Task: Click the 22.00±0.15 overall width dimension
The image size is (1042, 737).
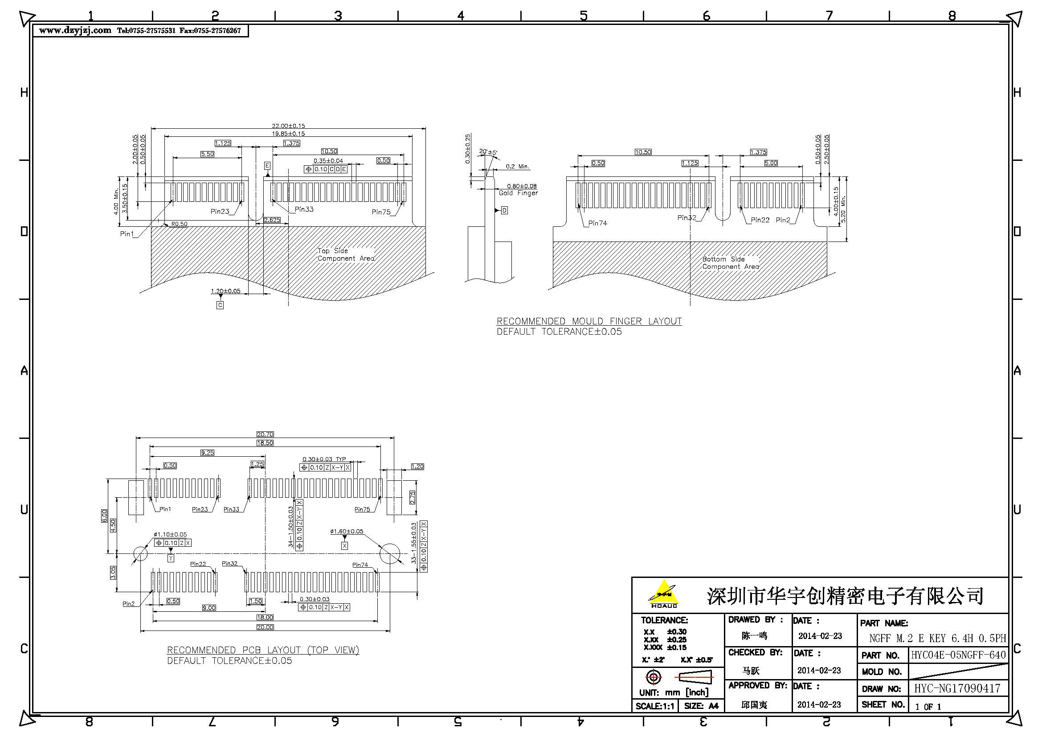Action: click(x=288, y=126)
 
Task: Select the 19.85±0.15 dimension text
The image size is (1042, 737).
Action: click(x=288, y=133)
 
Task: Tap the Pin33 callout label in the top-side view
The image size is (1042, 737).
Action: click(x=304, y=209)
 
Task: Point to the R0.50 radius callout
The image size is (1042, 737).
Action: click(x=179, y=224)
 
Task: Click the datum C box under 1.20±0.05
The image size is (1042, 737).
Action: click(x=220, y=305)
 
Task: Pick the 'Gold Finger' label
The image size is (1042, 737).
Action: click(x=518, y=193)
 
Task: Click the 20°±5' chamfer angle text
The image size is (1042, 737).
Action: click(x=488, y=152)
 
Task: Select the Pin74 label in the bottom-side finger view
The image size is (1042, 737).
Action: click(x=597, y=223)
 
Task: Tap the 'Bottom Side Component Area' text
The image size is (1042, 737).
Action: click(x=730, y=263)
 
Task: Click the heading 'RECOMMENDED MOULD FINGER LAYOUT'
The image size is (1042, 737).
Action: click(x=589, y=321)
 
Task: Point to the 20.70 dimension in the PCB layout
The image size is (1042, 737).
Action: click(x=265, y=434)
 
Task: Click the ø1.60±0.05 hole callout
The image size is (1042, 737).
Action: click(x=347, y=531)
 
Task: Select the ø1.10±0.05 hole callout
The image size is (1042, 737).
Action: click(x=170, y=535)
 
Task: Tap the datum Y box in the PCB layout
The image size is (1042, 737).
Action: click(x=171, y=558)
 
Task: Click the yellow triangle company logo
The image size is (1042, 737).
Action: click(x=663, y=593)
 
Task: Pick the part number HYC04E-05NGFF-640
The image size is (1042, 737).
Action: click(x=958, y=655)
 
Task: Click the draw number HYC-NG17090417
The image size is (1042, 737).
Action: click(x=956, y=688)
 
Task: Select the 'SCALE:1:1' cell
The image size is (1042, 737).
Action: click(x=655, y=706)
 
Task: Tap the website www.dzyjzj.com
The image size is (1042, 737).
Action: click(x=75, y=30)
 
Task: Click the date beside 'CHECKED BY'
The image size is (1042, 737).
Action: click(x=819, y=670)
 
